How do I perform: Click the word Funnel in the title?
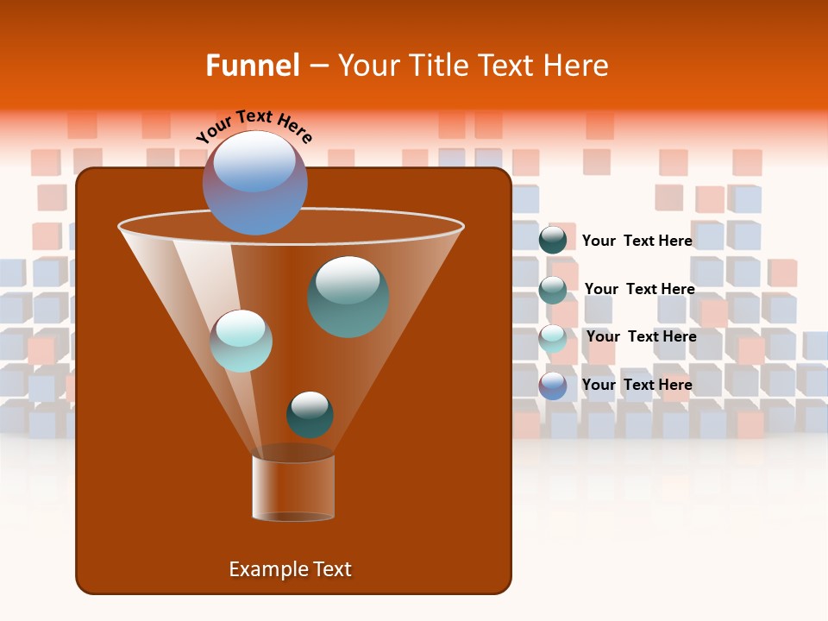pyautogui.click(x=252, y=66)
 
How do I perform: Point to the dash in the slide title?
pyautogui.click(x=317, y=66)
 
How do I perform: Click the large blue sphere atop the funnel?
pyautogui.click(x=255, y=183)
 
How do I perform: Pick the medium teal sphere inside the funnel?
pyautogui.click(x=348, y=297)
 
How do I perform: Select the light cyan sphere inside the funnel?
pyautogui.click(x=241, y=341)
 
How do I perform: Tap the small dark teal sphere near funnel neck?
pyautogui.click(x=310, y=415)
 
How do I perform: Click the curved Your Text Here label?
pyautogui.click(x=254, y=126)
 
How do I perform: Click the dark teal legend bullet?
pyautogui.click(x=553, y=240)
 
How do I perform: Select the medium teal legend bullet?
pyautogui.click(x=553, y=290)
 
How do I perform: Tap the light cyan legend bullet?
pyautogui.click(x=553, y=338)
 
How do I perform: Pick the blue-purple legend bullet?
pyautogui.click(x=553, y=386)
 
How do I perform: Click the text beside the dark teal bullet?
pyautogui.click(x=637, y=241)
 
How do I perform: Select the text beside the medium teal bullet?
pyautogui.click(x=639, y=289)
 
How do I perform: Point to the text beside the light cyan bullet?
pyautogui.click(x=641, y=336)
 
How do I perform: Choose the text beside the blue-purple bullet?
pyautogui.click(x=637, y=385)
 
